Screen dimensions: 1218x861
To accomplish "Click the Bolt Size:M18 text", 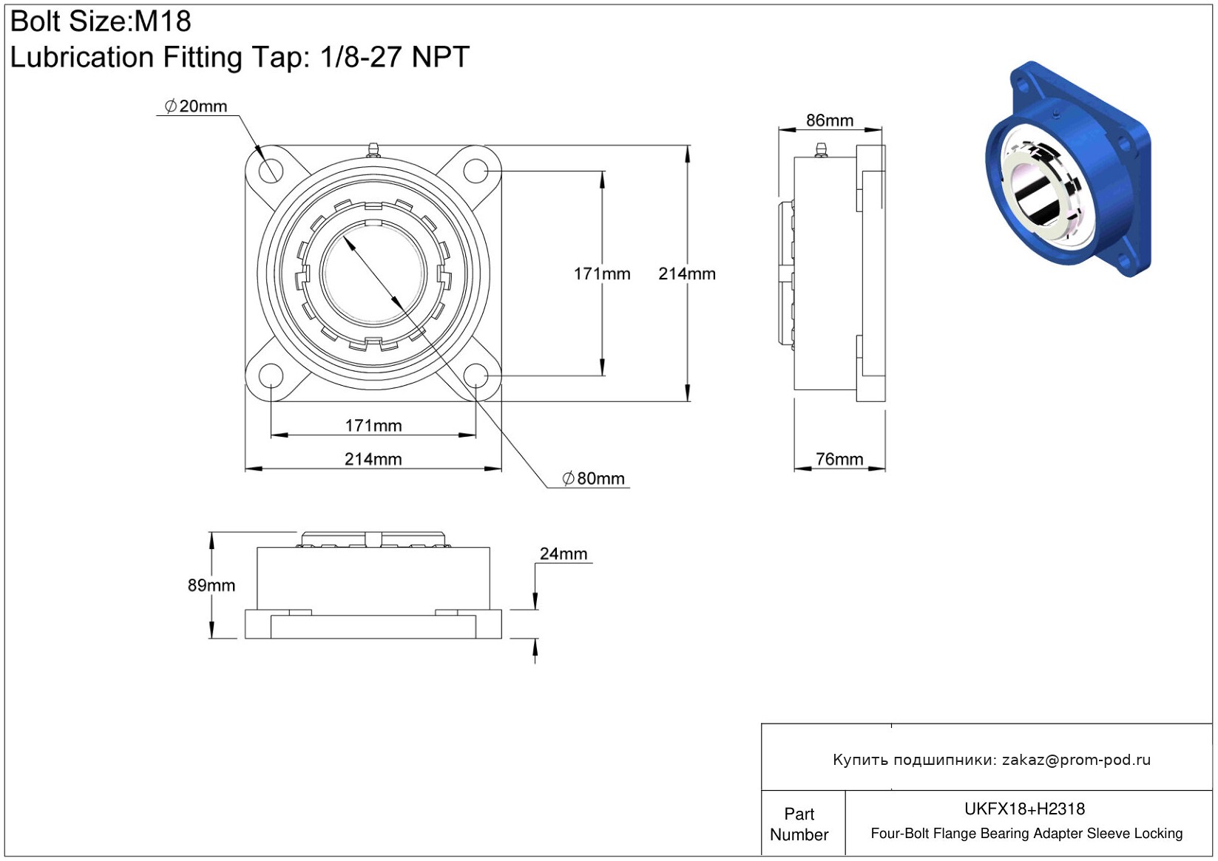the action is coord(101,21).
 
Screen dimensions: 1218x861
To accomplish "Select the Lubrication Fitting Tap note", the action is coord(240,57).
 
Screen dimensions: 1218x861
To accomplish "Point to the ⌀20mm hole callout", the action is coord(196,106).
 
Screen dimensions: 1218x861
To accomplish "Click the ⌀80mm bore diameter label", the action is coord(593,478).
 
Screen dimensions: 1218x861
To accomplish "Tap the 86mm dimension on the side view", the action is coord(829,120).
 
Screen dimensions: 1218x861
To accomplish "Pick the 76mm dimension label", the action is coord(839,459).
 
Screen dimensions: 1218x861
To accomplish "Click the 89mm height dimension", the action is coord(212,585).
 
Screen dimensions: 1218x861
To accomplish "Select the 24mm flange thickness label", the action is coord(564,554).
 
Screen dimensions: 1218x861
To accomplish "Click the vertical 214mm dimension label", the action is coord(687,273).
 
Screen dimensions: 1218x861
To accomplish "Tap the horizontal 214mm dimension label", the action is coord(373,459).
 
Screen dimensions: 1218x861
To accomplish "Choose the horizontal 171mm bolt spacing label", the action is coord(373,426).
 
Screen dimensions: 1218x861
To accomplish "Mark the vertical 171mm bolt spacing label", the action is coord(602,273).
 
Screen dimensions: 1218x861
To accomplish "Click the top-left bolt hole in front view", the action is coord(271,171).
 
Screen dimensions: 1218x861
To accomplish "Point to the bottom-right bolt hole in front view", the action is coord(476,375).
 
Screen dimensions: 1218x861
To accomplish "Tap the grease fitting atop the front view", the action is coord(373,151).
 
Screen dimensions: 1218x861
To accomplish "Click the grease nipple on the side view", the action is coord(821,150).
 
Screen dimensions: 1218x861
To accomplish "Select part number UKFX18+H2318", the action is coord(1024,809).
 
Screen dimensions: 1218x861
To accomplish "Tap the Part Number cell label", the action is coord(799,824).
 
